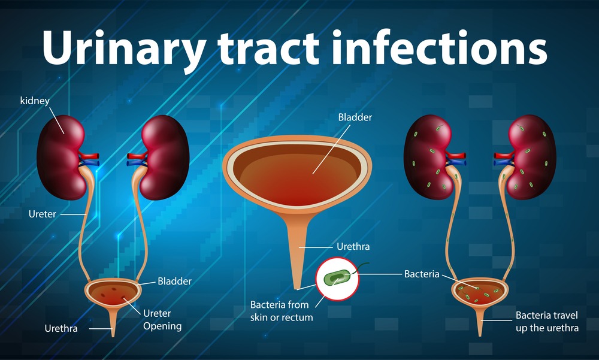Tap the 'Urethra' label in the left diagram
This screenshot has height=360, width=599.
point(60,328)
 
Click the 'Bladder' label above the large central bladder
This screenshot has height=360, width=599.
point(355,117)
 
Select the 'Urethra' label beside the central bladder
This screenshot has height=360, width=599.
point(353,246)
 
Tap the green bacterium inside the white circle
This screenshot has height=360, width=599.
point(337,278)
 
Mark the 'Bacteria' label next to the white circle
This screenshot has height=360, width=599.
point(422,274)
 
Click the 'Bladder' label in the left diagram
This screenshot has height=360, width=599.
point(174,280)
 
